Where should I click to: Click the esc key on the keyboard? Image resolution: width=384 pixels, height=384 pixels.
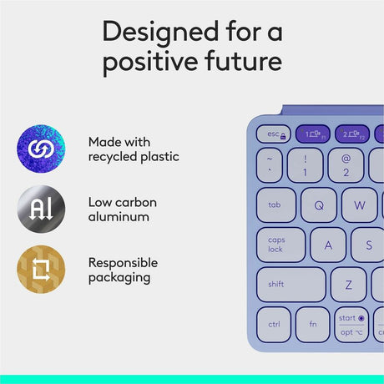pos(273,134)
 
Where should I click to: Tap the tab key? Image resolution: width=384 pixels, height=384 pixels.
pos(275,205)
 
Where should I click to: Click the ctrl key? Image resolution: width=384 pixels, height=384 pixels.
pos(274,323)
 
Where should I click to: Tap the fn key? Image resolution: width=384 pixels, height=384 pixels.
pos(312,323)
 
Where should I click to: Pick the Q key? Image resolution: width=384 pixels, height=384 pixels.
pos(318,205)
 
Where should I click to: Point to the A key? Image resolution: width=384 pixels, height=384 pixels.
pos(328,245)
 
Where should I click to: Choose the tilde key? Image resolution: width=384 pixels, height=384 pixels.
pos(270,164)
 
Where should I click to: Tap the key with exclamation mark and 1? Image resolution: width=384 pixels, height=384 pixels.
pos(306,164)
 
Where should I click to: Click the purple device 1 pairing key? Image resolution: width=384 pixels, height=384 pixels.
pos(313,134)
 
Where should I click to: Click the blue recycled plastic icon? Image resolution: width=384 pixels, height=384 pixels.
pos(40,147)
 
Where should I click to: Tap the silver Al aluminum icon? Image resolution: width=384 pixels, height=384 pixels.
pos(40,210)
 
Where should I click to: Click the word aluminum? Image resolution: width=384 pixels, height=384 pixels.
pos(119,217)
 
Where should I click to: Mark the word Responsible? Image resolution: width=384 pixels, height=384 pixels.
pos(123,261)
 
